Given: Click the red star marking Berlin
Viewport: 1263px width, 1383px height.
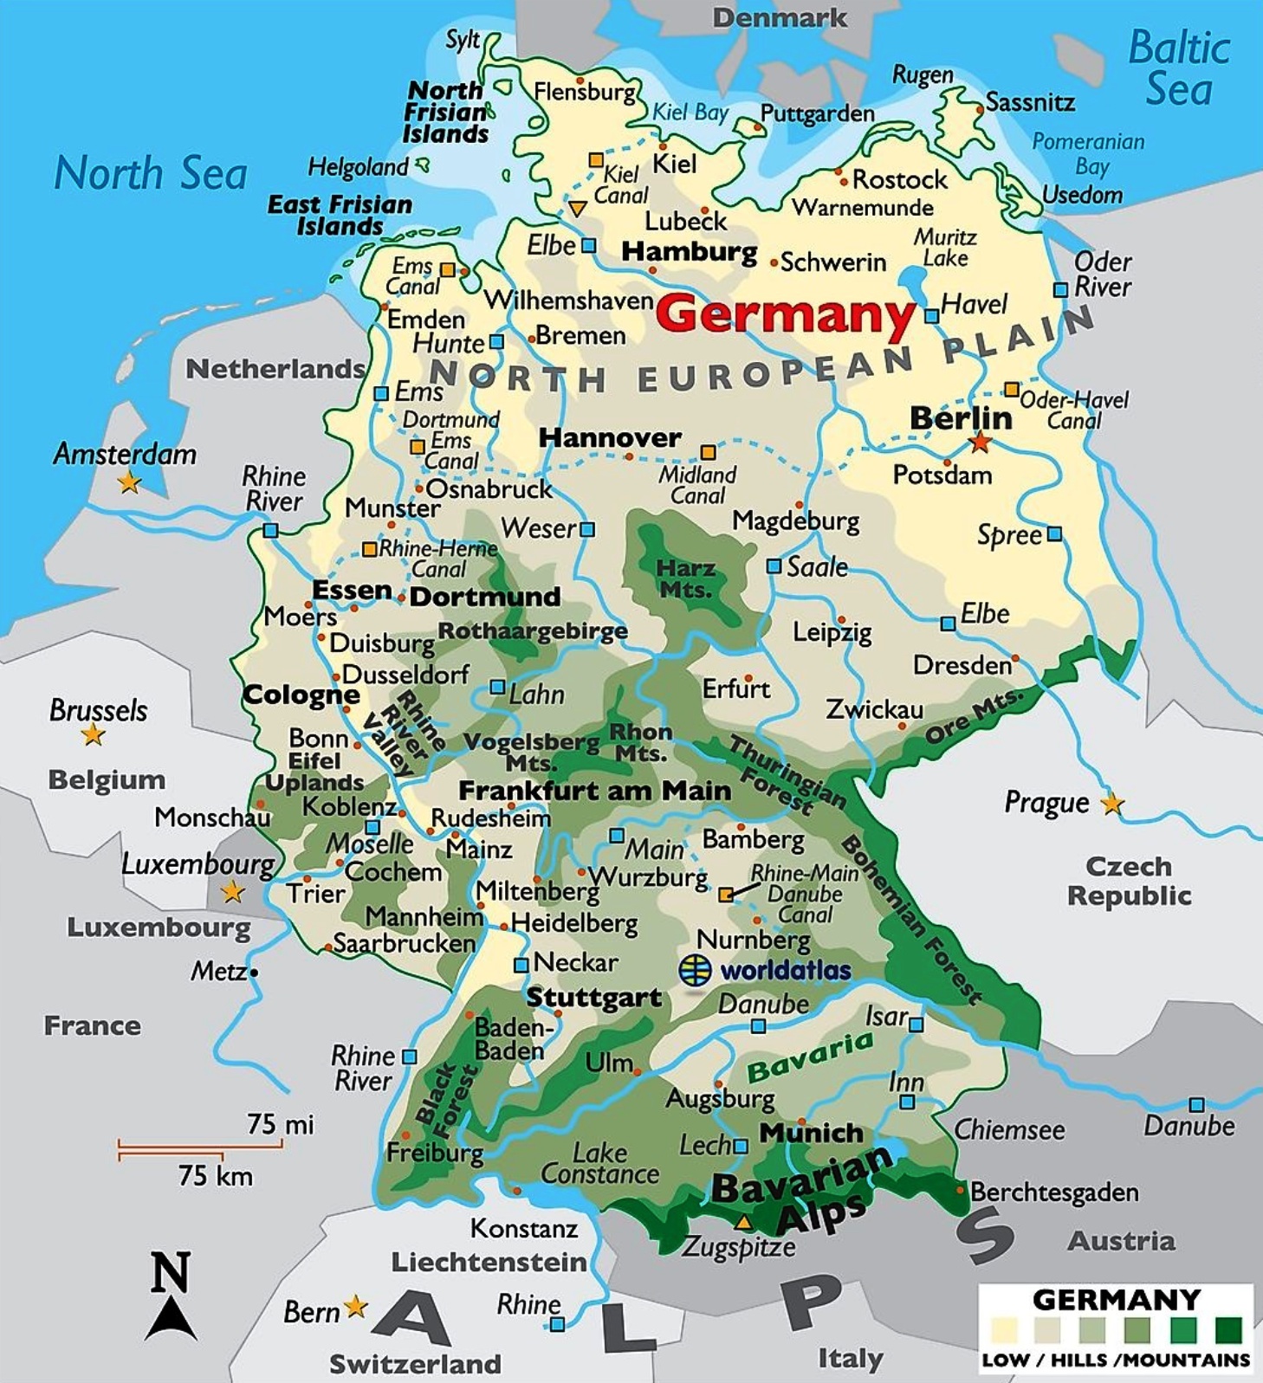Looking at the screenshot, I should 979,443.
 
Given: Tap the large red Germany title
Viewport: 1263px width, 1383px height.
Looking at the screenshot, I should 785,313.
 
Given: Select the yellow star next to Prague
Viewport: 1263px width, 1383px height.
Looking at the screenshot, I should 1111,804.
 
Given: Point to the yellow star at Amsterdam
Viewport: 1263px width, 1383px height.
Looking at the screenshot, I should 129,481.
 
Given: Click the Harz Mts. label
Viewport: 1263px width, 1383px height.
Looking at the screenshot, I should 685,578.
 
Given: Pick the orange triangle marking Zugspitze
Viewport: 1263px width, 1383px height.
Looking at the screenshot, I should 742,1223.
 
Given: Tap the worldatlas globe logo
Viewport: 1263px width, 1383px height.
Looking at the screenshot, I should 695,970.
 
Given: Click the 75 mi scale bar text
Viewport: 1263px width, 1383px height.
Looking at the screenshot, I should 280,1124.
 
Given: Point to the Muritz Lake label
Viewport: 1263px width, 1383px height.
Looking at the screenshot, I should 945,248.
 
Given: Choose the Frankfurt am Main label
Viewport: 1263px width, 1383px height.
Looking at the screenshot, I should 594,791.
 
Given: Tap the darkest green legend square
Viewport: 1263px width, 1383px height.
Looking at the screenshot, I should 1227,1329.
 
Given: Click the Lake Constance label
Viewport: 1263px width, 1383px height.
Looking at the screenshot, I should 599,1163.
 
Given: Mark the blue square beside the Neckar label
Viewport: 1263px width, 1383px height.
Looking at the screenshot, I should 521,965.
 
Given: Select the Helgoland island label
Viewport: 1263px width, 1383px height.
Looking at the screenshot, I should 358,167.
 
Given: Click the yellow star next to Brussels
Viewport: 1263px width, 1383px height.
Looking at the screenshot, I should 93,735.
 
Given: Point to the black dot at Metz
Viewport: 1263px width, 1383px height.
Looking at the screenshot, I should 254,973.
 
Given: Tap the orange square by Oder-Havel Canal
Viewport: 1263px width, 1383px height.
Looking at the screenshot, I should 1011,390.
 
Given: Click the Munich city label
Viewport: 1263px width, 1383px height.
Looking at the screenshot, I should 811,1133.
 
